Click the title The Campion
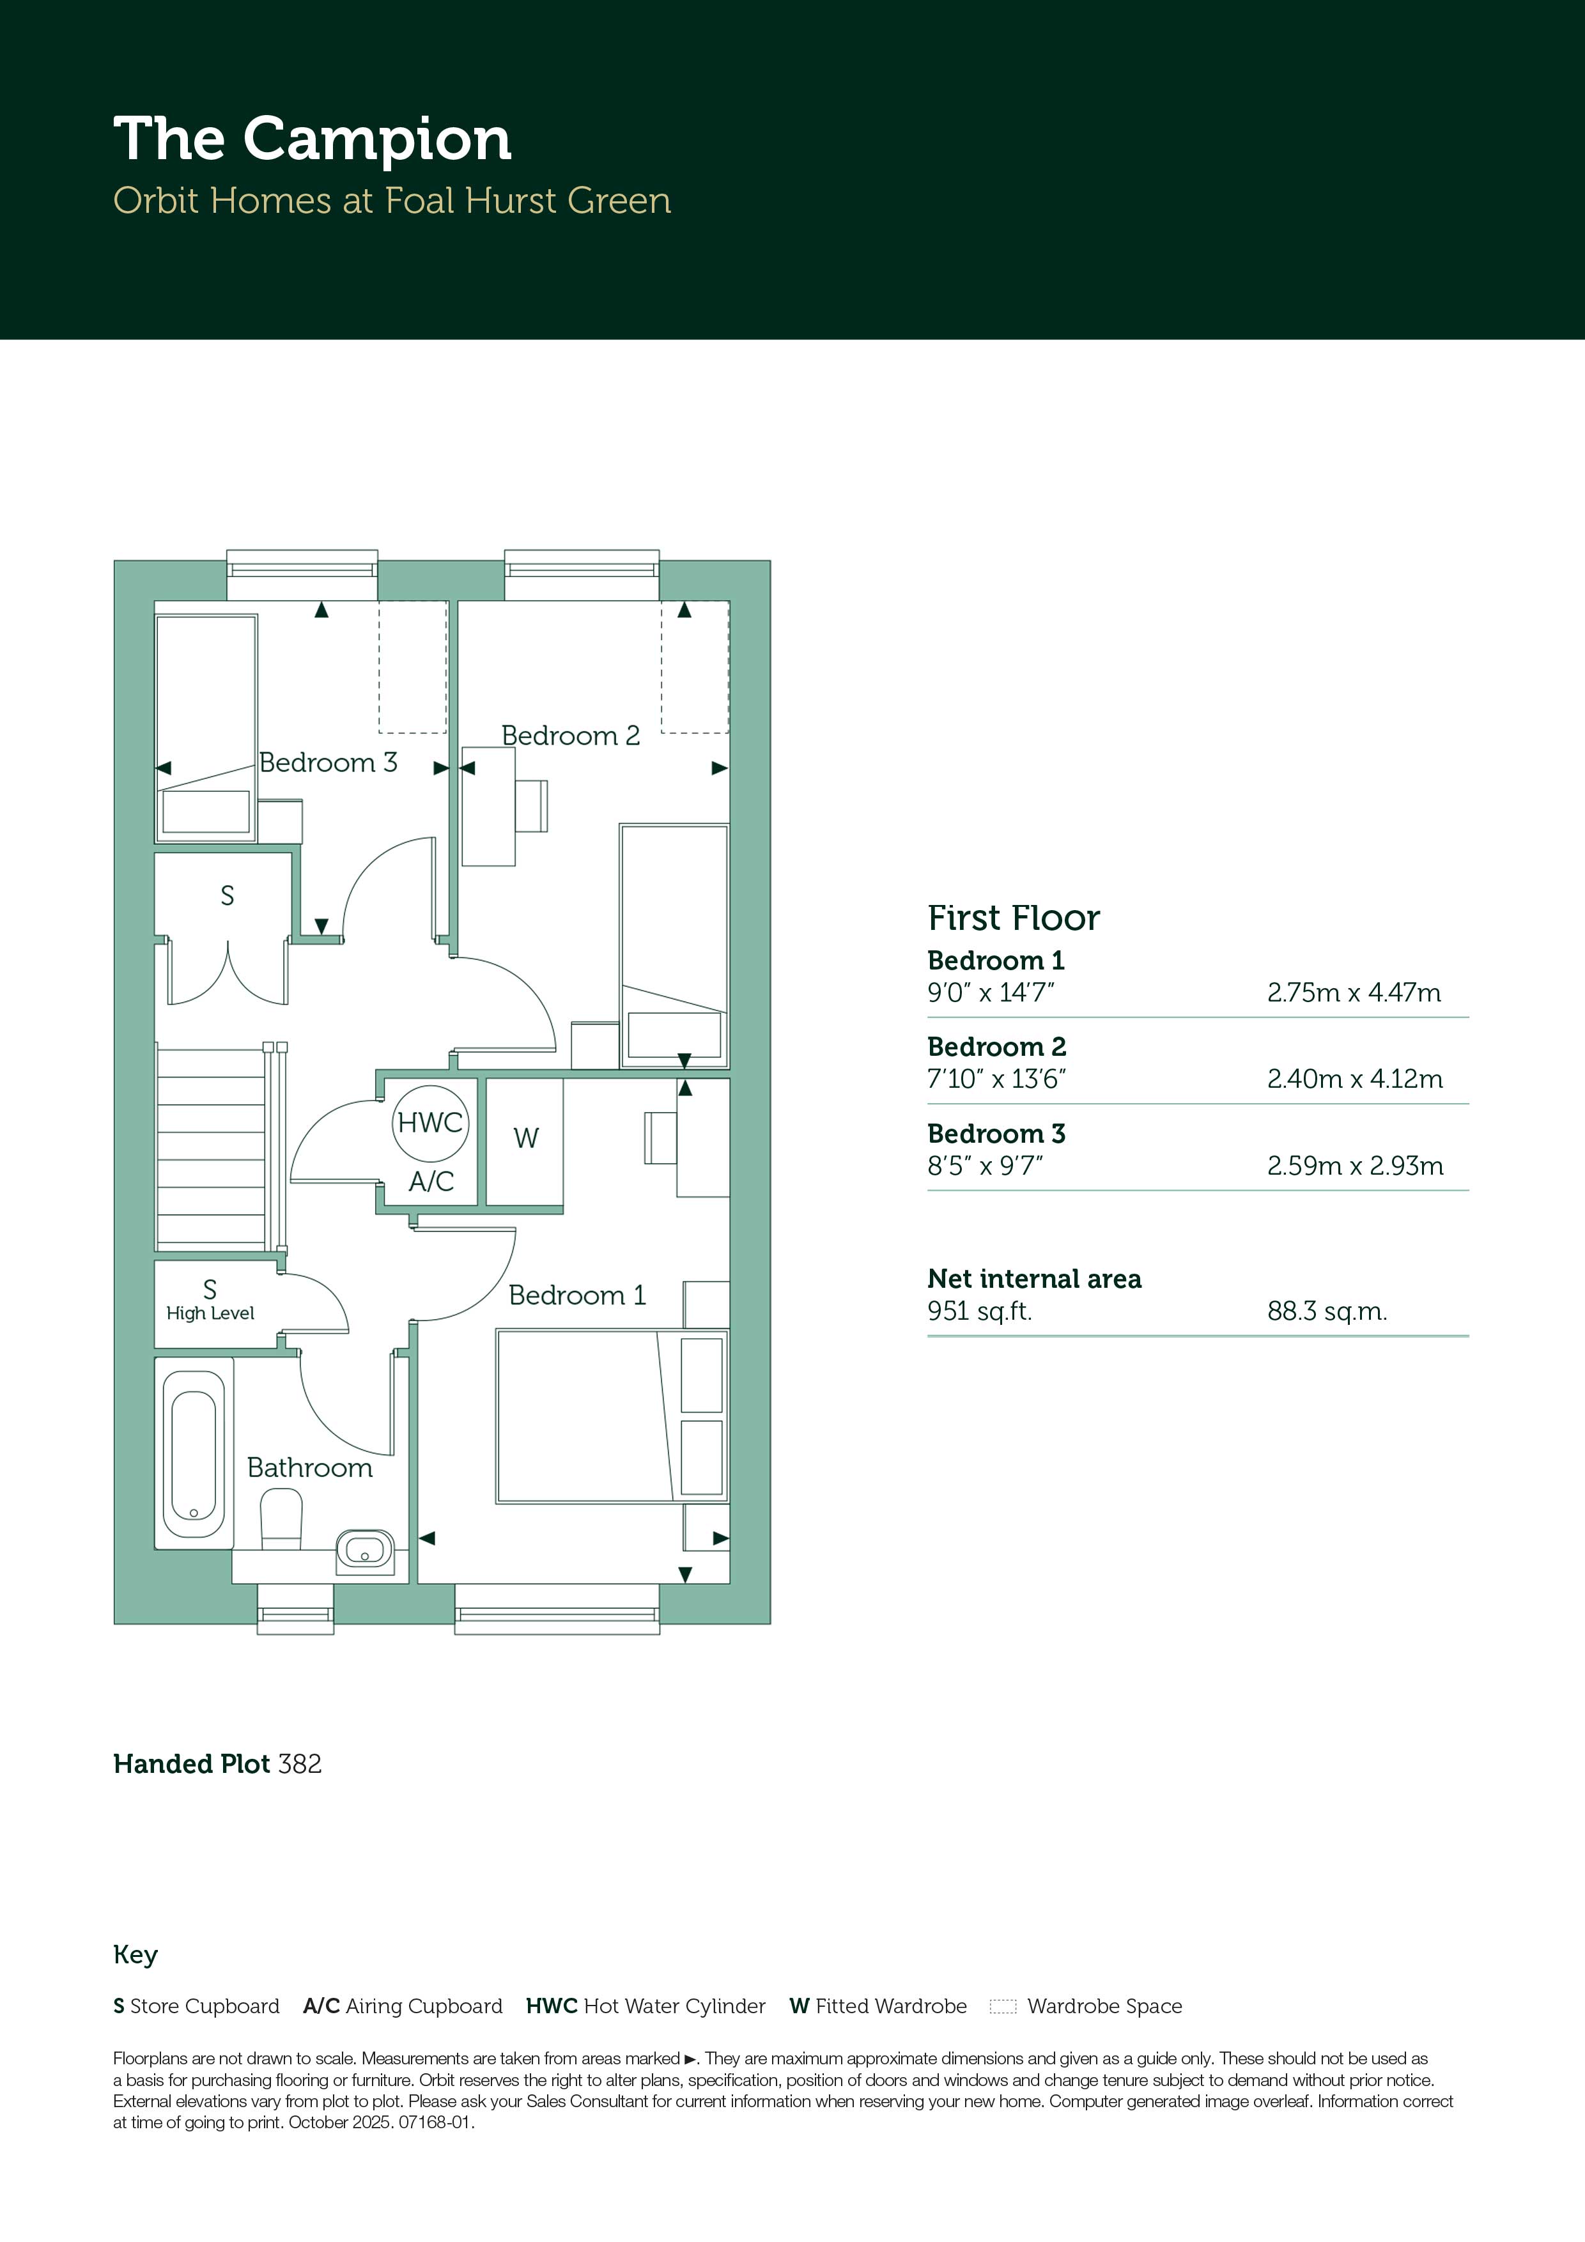tap(313, 139)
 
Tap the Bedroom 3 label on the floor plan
tap(328, 762)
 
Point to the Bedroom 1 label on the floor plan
tap(577, 1295)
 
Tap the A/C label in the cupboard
tap(431, 1182)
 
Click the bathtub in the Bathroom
tap(194, 1453)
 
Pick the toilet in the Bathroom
tap(281, 1519)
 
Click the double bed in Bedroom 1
tap(612, 1415)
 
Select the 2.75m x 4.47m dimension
tap(1354, 993)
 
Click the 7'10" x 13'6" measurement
tap(996, 1079)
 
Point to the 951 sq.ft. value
tap(980, 1311)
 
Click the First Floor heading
tap(1014, 918)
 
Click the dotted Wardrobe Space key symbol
tap(1003, 2007)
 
